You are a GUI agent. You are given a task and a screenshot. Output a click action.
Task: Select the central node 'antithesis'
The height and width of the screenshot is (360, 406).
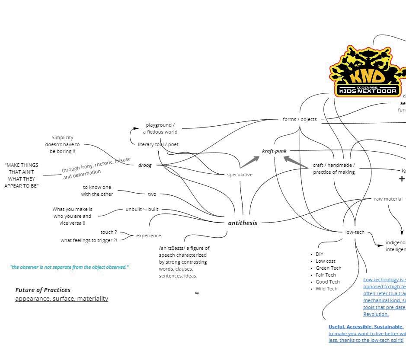[243, 223]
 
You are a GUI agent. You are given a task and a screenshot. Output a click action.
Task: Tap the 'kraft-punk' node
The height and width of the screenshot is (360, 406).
[274, 151]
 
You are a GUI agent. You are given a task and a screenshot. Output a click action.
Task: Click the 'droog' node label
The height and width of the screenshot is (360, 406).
[145, 165]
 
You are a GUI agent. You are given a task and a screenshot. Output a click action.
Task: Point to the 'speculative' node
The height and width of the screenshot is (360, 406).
[240, 175]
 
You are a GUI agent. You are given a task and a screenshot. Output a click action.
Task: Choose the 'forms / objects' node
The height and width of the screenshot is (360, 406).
[300, 119]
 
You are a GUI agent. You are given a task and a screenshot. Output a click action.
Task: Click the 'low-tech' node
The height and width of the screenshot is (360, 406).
[355, 232]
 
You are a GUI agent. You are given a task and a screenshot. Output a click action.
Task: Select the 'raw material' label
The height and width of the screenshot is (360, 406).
[388, 199]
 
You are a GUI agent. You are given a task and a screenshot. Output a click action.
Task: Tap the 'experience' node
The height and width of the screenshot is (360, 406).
[148, 236]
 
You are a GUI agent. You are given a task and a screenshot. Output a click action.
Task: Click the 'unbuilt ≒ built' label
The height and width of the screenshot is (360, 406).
[142, 209]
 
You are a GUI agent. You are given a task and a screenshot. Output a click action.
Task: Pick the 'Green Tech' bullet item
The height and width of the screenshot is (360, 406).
[328, 268]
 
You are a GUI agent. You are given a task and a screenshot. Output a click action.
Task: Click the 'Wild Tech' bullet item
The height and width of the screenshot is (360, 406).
[326, 289]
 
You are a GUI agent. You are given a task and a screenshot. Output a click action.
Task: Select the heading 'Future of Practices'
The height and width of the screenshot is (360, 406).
[43, 290]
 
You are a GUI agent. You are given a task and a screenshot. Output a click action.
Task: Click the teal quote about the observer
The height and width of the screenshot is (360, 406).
[70, 267]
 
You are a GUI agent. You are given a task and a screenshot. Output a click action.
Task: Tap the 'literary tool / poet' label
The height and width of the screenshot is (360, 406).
[158, 144]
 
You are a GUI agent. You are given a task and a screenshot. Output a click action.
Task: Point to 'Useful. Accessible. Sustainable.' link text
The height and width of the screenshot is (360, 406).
[366, 327]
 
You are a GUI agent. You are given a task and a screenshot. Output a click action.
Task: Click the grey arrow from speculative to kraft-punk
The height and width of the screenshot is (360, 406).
[250, 162]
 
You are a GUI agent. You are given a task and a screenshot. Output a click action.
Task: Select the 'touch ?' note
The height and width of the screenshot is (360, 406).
[109, 232]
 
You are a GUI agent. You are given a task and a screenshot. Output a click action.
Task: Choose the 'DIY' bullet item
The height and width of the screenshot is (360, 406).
[320, 254]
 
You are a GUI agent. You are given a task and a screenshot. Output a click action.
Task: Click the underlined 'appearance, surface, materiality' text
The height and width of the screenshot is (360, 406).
[61, 299]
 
